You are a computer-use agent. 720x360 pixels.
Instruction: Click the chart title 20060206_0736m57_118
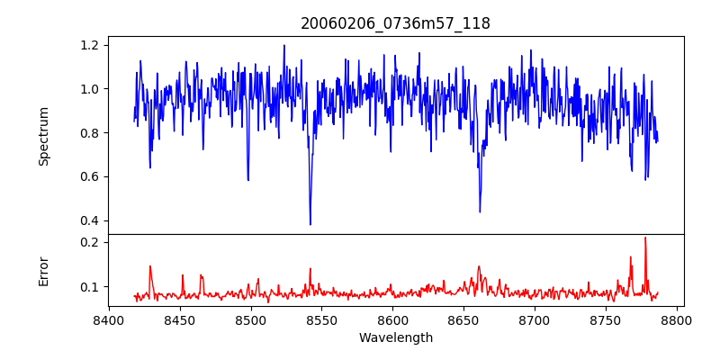point(395,23)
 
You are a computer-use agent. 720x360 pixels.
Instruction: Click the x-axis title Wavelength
point(395,337)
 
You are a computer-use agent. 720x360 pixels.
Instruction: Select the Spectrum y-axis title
point(44,136)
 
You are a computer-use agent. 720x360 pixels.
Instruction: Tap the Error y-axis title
point(44,271)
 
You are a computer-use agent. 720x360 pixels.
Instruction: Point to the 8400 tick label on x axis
point(109,320)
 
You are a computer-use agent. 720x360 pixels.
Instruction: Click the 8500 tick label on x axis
point(251,320)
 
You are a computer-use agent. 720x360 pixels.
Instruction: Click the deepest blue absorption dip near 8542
point(310,224)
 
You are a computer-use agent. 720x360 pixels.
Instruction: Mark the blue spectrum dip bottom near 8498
point(248,180)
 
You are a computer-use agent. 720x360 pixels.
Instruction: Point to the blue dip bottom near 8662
point(480,211)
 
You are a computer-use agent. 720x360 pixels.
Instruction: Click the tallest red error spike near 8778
point(645,238)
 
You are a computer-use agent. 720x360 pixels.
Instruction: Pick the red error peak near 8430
point(150,266)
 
